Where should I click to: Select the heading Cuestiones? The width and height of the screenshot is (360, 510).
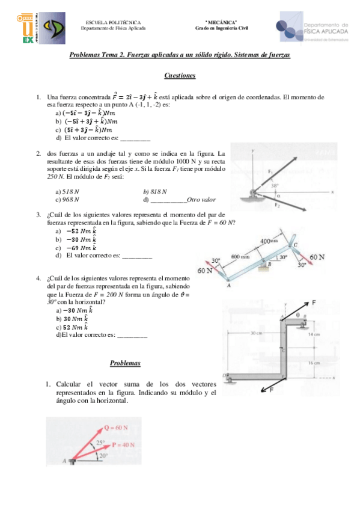point(180,76)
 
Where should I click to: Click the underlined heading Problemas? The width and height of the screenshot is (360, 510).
point(125,363)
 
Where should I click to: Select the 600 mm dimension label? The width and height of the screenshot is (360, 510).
point(240,257)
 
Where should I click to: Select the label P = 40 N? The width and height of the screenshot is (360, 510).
point(124,444)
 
